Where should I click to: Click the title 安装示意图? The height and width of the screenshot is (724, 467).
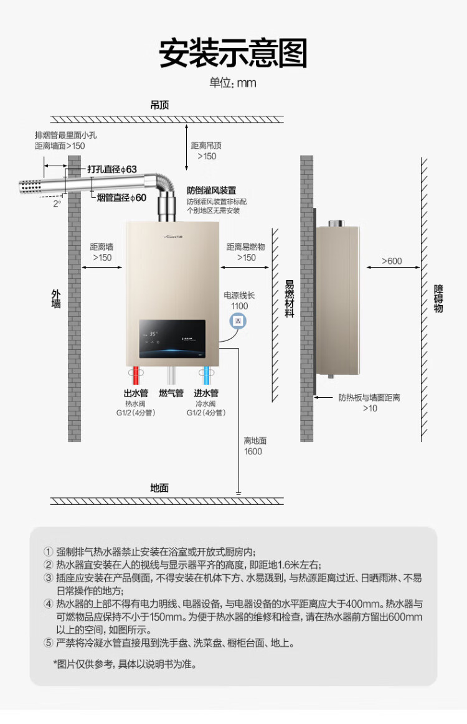tap(233, 54)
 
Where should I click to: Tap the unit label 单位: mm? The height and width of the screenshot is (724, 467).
tap(232, 83)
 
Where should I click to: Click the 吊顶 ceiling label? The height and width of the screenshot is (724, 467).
tap(159, 105)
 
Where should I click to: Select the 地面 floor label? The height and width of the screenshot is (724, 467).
tap(159, 487)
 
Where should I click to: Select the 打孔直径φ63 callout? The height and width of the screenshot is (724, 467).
tap(112, 169)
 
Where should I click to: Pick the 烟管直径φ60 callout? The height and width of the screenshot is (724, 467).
tap(122, 197)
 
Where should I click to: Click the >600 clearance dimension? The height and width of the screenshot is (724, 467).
tap(392, 261)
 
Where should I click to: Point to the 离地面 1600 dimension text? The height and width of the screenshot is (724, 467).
tap(254, 446)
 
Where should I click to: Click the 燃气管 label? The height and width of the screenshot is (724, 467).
tap(171, 393)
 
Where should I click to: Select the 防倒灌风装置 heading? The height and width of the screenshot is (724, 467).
tap(212, 190)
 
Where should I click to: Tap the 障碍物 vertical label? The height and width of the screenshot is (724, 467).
tap(438, 299)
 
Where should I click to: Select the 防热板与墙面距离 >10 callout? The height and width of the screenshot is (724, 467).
tap(369, 402)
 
